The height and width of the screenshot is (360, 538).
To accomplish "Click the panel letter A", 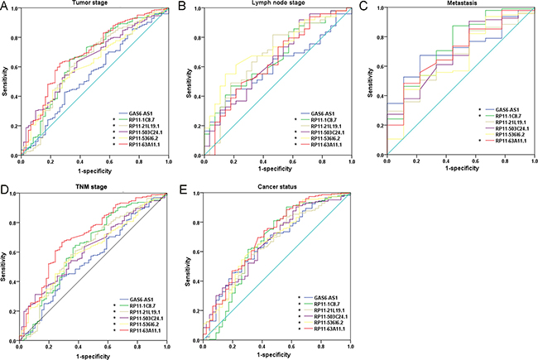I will pos(6,7).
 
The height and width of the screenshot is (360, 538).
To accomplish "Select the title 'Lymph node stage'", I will pos(269,4).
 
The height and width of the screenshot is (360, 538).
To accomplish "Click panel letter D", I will pos(6,191).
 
